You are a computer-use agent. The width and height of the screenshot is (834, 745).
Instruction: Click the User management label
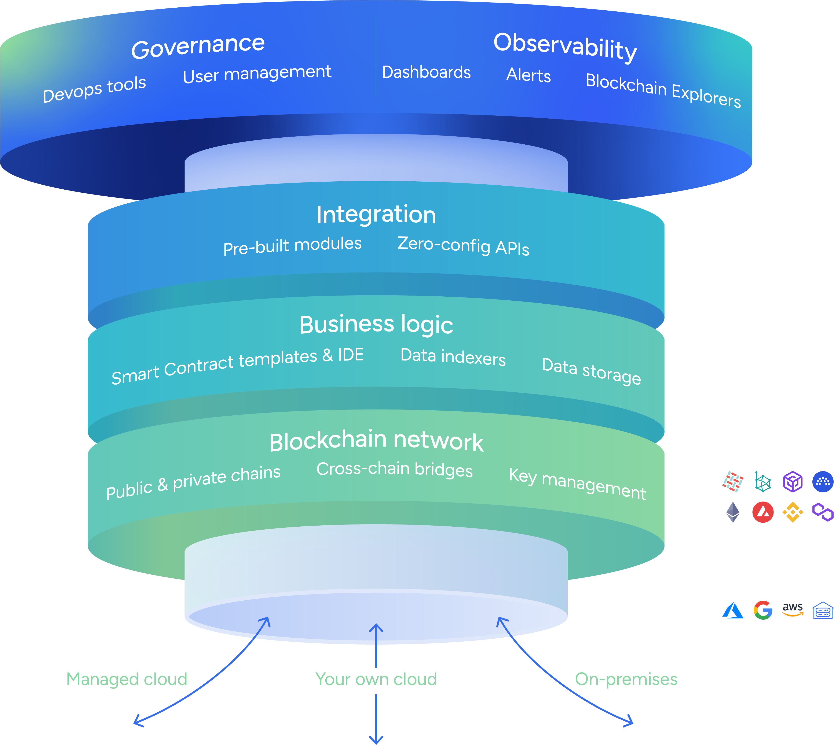click(x=257, y=74)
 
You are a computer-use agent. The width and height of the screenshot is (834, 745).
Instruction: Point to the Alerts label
click(x=528, y=75)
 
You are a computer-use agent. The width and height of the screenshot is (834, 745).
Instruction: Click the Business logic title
click(x=376, y=325)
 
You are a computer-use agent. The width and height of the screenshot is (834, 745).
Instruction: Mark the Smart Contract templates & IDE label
click(x=238, y=366)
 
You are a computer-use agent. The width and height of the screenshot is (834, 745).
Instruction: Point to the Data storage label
click(x=591, y=370)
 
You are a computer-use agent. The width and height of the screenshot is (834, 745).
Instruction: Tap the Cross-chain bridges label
click(x=395, y=469)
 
